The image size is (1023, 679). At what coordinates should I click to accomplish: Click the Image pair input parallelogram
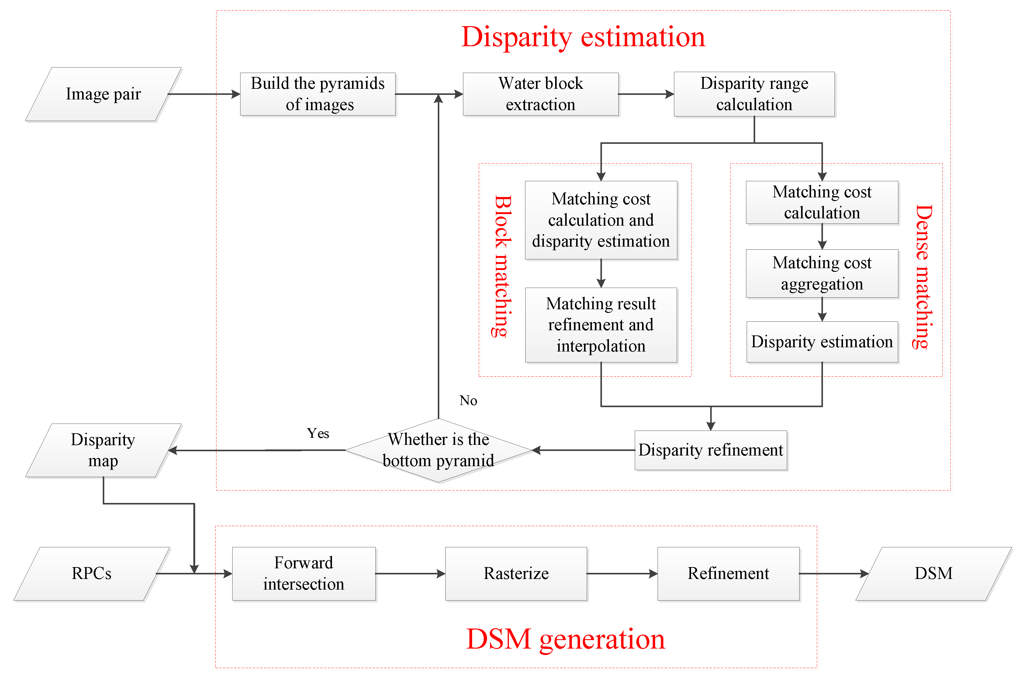click(103, 94)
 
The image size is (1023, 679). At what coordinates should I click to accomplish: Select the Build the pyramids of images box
click(317, 94)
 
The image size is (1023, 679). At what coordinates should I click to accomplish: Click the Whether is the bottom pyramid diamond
click(438, 450)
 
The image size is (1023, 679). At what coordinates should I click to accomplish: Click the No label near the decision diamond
click(468, 400)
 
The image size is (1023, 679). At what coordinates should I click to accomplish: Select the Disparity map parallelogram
click(103, 450)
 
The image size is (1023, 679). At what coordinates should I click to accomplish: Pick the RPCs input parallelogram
click(91, 573)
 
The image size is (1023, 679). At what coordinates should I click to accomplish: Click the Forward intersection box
click(303, 573)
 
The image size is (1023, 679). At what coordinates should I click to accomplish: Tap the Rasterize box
click(516, 573)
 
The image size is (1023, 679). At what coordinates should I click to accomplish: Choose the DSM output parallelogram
click(933, 573)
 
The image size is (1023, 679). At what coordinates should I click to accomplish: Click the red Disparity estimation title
click(583, 37)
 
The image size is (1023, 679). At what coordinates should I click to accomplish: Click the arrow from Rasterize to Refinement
click(622, 574)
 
